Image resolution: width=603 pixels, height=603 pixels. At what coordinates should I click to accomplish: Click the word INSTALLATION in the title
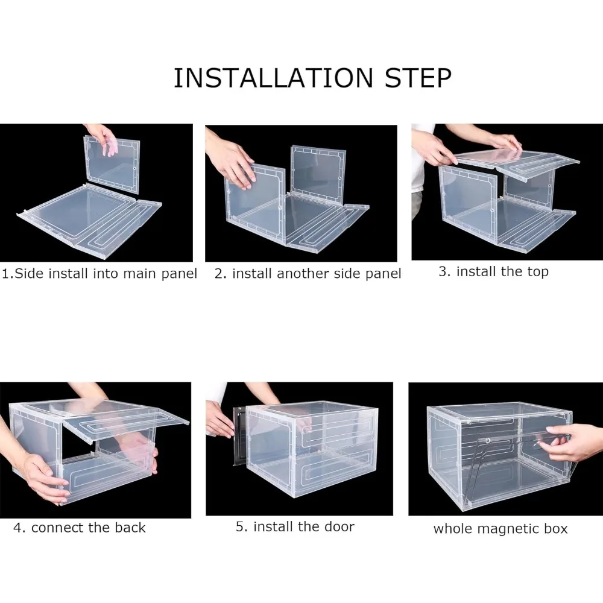coord(273,78)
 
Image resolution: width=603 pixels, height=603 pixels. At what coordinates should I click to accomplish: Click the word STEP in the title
coord(418,78)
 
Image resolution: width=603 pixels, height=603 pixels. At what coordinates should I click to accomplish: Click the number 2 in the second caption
coord(218,273)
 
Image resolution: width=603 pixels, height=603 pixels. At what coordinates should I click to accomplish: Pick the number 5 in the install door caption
coord(240,526)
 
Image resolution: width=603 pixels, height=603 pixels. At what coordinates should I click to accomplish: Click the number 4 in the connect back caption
coord(17,528)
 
